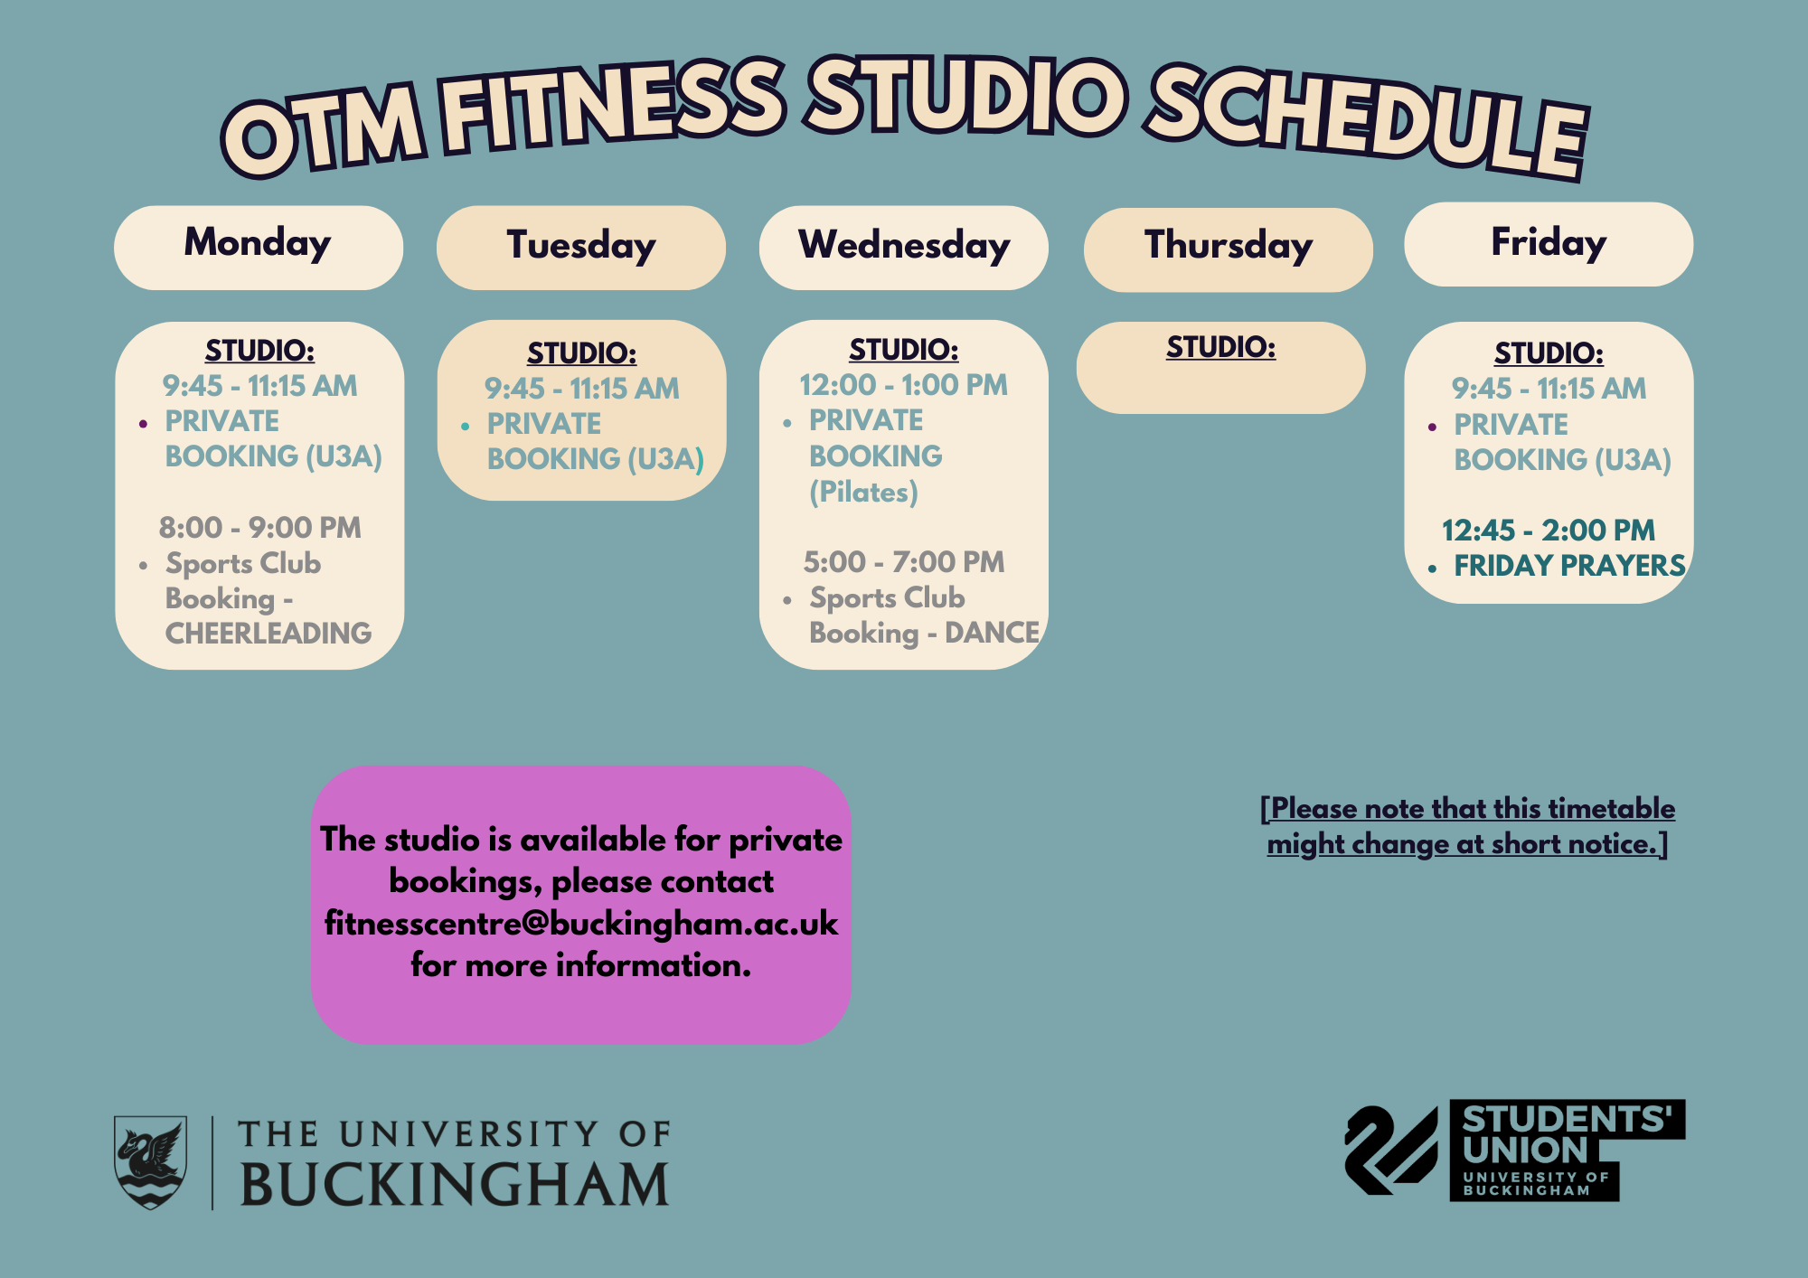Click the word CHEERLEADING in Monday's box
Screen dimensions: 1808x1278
point(268,634)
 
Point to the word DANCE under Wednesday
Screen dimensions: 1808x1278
point(993,633)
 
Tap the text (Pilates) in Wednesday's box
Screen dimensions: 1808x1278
point(863,493)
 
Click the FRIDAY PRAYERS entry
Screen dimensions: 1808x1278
point(1569,566)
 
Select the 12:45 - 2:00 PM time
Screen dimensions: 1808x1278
point(1549,531)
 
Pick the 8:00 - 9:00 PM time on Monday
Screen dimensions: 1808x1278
point(260,528)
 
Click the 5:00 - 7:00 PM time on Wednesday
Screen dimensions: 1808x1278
point(904,562)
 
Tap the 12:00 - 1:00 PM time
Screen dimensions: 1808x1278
point(904,385)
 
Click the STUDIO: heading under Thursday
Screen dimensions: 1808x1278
point(1220,347)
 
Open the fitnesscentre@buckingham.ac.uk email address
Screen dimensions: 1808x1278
point(581,924)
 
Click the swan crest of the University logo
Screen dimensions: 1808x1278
point(150,1162)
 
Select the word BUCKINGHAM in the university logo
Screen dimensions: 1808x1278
point(455,1184)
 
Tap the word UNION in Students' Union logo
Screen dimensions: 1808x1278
point(1525,1151)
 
